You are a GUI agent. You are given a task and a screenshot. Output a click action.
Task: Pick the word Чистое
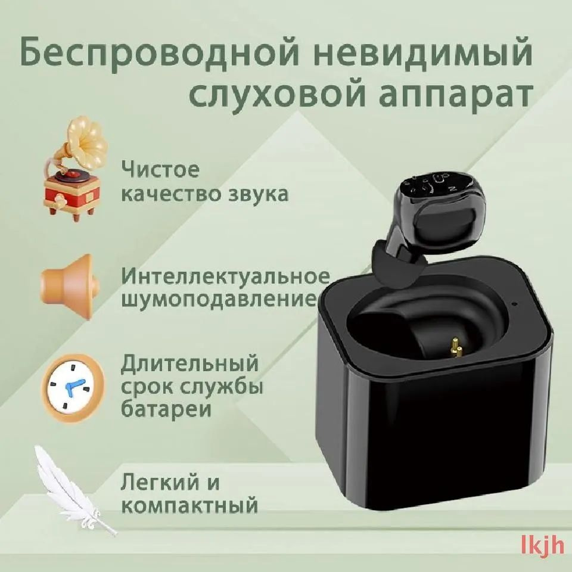pos(160,169)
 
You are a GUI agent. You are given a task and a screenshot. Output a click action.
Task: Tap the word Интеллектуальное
pos(225,276)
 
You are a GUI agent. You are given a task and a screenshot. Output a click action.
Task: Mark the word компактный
pos(189,506)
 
